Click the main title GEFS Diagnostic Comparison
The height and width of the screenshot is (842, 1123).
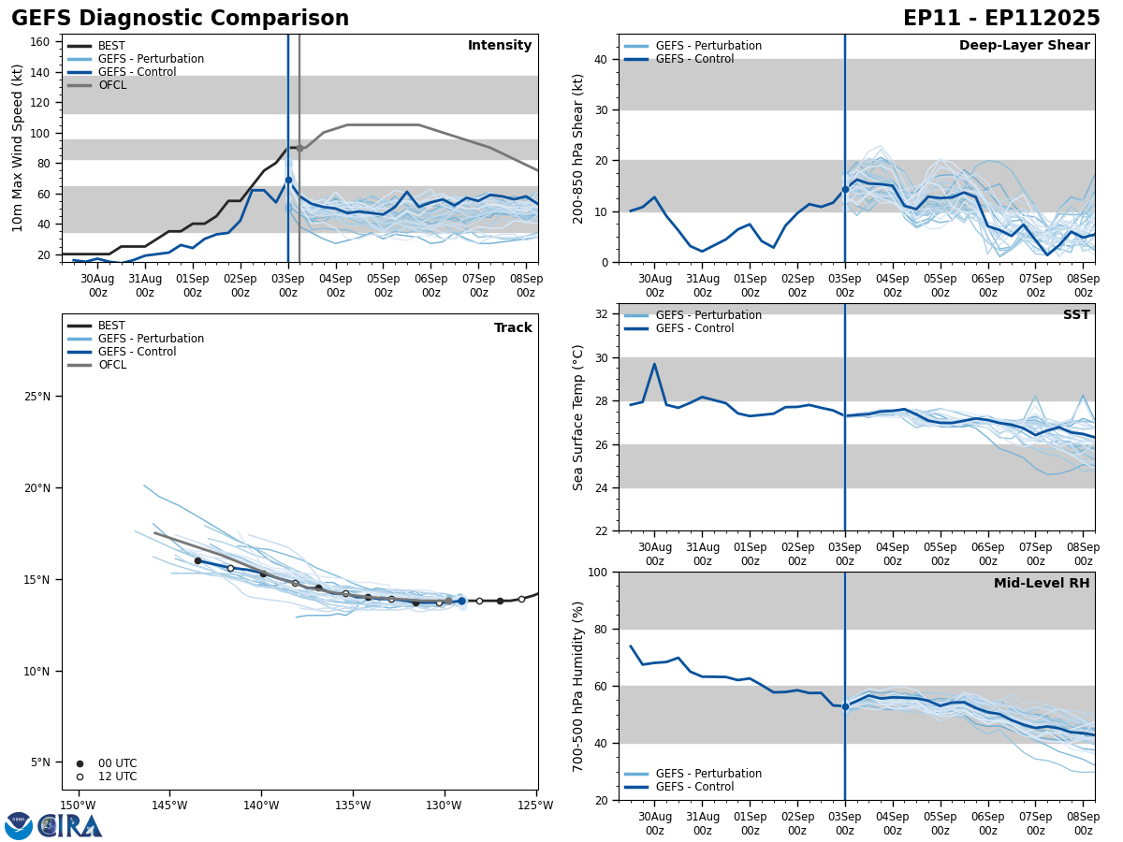coord(180,19)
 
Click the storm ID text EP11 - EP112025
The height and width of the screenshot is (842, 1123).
coord(1001,19)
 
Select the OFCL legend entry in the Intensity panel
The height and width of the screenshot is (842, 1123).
coord(111,85)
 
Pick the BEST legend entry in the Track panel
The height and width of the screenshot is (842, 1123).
coord(111,326)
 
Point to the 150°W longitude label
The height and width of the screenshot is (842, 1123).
coord(79,806)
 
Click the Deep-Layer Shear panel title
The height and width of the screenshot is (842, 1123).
coord(1024,46)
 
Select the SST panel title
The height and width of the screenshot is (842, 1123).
coord(1075,315)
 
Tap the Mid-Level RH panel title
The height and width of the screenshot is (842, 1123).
coord(1041,584)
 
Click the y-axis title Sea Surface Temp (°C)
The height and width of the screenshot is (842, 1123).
coord(578,417)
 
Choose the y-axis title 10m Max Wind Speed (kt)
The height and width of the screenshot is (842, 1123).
coord(18,148)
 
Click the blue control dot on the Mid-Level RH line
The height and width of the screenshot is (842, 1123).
coord(845,706)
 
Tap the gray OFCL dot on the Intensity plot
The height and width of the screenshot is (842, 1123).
coord(299,148)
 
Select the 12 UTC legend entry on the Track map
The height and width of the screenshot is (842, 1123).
coord(117,777)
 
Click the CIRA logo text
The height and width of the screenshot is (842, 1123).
coord(71,825)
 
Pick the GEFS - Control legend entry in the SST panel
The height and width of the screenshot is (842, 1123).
coord(694,328)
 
